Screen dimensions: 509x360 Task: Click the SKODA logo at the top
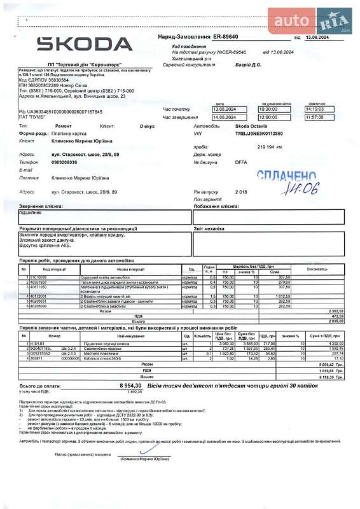click(x=85, y=43)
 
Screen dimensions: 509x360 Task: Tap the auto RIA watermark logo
click(x=310, y=22)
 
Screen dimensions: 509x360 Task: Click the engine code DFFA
click(x=241, y=162)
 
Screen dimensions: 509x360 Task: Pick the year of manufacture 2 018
click(x=241, y=192)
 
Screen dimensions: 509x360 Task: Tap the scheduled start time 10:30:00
click(x=273, y=109)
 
